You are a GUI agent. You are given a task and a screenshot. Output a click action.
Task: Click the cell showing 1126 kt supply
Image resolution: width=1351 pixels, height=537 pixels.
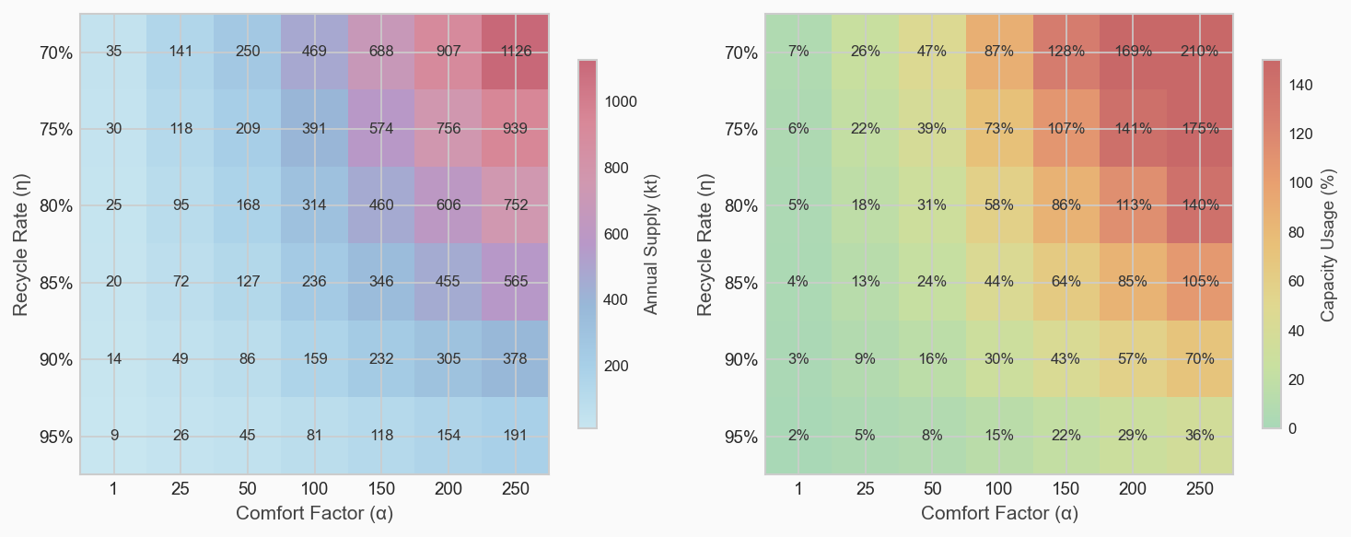[516, 52]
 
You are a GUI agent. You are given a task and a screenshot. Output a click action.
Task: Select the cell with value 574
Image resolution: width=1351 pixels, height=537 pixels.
[381, 128]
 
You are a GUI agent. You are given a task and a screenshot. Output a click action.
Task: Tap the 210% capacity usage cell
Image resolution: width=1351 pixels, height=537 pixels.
[1200, 52]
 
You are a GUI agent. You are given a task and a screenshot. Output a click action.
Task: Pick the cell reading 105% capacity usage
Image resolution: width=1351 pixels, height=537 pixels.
[1200, 282]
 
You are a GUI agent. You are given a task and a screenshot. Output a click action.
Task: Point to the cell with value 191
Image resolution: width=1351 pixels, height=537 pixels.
[516, 436]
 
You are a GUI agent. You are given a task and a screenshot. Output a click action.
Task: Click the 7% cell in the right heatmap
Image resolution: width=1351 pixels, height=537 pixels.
[798, 52]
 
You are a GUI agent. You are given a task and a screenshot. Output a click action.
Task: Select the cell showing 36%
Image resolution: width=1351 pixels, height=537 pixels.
[1200, 436]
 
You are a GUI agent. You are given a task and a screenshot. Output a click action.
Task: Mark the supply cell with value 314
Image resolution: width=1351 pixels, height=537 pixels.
[314, 204]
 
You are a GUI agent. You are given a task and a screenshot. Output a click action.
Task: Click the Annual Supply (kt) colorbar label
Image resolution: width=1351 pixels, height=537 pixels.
[651, 244]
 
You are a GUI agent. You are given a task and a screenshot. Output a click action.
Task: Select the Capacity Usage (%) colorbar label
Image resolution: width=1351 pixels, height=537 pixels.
[1328, 244]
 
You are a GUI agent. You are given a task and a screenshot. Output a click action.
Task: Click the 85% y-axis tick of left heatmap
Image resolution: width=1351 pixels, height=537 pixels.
[56, 282]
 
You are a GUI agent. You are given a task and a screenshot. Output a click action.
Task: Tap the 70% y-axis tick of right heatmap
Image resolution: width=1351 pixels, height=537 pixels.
[741, 53]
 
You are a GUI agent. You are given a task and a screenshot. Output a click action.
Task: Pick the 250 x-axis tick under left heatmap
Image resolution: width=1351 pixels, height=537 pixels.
[516, 489]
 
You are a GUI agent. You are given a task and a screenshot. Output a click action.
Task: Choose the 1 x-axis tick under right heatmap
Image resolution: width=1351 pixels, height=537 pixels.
[798, 489]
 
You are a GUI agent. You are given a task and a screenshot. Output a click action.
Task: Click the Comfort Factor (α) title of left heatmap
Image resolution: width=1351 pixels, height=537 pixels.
[315, 513]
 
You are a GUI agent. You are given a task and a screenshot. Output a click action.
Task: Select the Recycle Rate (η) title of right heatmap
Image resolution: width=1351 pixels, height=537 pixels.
[705, 244]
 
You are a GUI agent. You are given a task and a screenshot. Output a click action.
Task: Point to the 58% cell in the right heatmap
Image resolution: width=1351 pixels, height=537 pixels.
[999, 204]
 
